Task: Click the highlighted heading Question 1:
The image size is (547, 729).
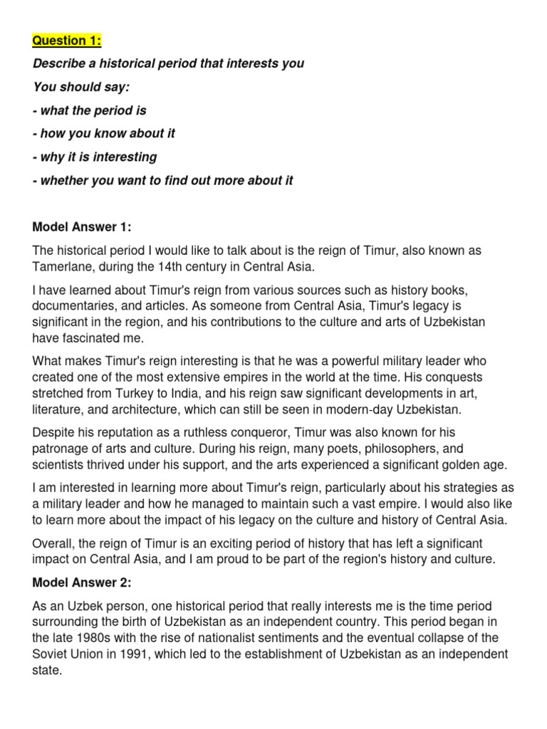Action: (67, 41)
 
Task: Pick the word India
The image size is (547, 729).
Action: (223, 393)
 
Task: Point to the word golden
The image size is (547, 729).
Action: (449, 464)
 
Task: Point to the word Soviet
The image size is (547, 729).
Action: (51, 654)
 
